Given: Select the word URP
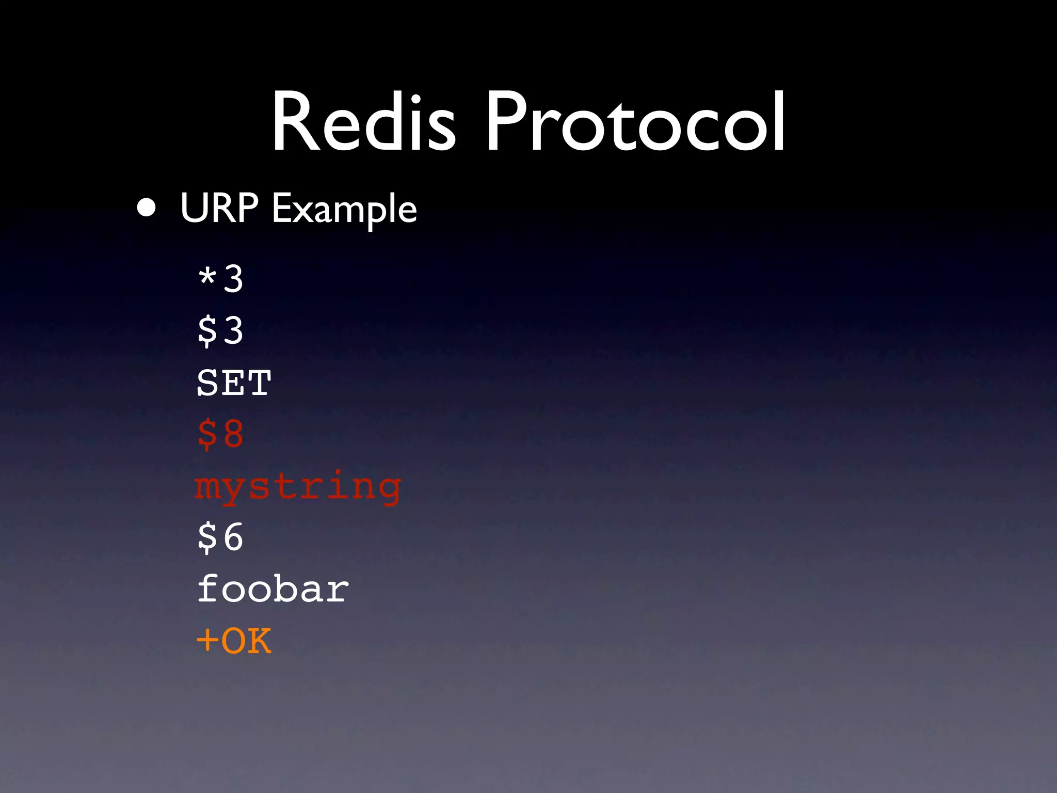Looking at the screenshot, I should pyautogui.click(x=219, y=208).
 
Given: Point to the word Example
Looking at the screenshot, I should pyautogui.click(x=344, y=211).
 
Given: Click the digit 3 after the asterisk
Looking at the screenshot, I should pyautogui.click(x=233, y=279).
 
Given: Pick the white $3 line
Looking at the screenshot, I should pyautogui.click(x=220, y=330).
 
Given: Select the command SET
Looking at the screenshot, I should pyautogui.click(x=234, y=383).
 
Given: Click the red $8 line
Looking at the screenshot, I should pyautogui.click(x=220, y=434).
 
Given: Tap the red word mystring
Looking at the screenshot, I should pyautogui.click(x=298, y=487).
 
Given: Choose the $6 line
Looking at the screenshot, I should pyautogui.click(x=220, y=537).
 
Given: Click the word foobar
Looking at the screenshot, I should pyautogui.click(x=273, y=589).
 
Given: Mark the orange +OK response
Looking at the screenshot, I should pyautogui.click(x=234, y=641).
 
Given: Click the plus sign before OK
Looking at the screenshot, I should pyautogui.click(x=207, y=641).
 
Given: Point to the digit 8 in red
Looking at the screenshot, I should pyautogui.click(x=233, y=434).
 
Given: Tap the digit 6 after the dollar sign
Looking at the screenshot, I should pyautogui.click(x=233, y=537).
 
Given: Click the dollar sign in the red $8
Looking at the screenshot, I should pyautogui.click(x=207, y=434).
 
